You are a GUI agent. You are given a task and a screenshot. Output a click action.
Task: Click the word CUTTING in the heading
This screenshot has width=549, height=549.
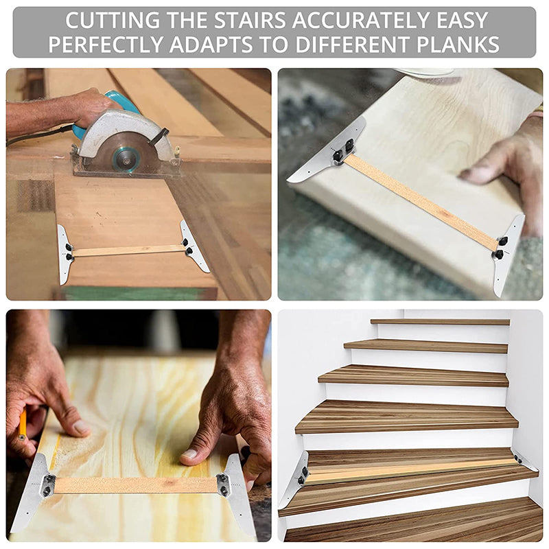click(105, 20)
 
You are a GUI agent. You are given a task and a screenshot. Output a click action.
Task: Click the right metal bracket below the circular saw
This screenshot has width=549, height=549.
click(193, 246)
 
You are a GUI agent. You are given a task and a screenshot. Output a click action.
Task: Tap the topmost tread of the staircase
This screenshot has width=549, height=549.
click(440, 321)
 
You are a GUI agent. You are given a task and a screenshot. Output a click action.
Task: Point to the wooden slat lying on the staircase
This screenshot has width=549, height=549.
click(412, 470)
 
